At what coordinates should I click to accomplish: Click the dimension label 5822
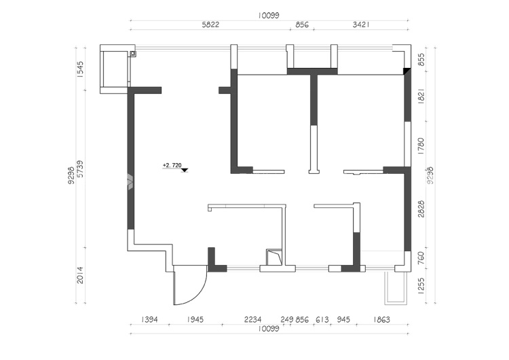tap(210, 24)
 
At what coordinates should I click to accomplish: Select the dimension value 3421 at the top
tap(361, 24)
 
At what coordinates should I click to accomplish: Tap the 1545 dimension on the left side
tap(80, 69)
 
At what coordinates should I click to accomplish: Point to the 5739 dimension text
tap(80, 169)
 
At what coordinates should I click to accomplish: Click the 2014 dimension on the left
tap(80, 275)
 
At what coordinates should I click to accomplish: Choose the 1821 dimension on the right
tap(421, 96)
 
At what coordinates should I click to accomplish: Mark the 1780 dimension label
tap(421, 146)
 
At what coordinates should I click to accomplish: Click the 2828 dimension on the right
tap(421, 209)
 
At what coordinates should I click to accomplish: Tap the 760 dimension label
tap(421, 257)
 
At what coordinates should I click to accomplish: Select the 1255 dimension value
tap(421, 286)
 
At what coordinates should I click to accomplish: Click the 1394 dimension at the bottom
tap(149, 320)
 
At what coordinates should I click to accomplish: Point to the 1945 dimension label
tap(195, 320)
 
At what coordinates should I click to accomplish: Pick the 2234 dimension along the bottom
tap(252, 320)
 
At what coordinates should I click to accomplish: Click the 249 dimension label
tap(287, 320)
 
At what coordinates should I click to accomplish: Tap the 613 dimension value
tap(322, 320)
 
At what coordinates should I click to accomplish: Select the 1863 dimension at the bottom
tap(381, 320)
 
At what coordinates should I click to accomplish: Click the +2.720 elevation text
tap(172, 165)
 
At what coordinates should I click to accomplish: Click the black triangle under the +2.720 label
tap(185, 170)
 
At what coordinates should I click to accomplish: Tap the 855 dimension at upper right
tap(421, 60)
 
